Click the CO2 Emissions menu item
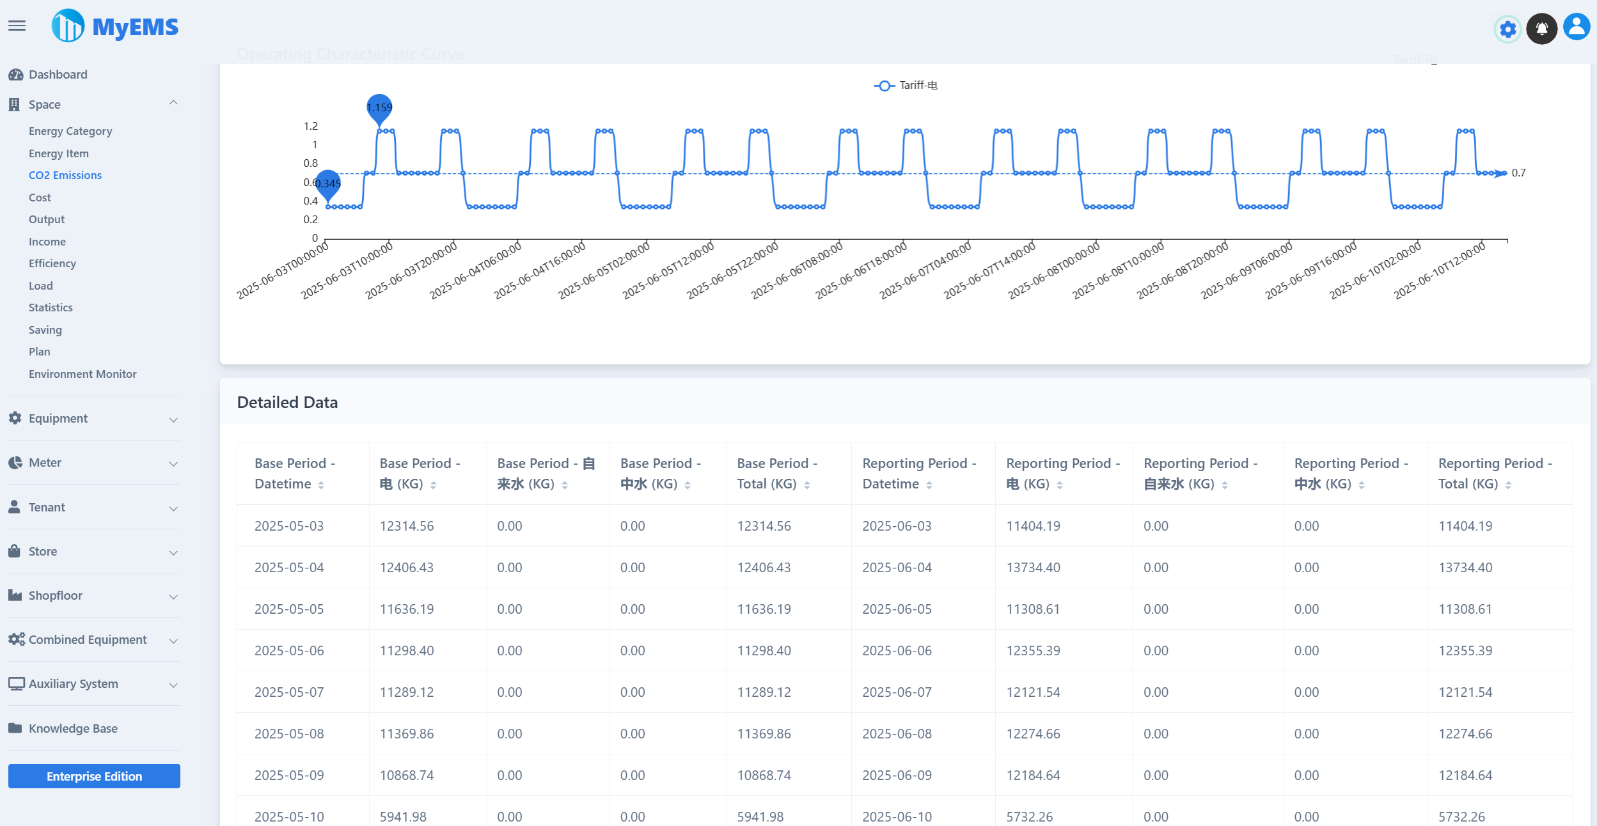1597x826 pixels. pyautogui.click(x=65, y=175)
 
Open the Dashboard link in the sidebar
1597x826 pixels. pyautogui.click(x=58, y=74)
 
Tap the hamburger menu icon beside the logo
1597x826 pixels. pyautogui.click(x=17, y=26)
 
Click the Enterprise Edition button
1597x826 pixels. pyautogui.click(x=94, y=776)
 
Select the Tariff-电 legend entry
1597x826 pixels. pyautogui.click(x=906, y=85)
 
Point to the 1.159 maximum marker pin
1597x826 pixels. pyautogui.click(x=379, y=107)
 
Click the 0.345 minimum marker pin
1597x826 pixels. pyautogui.click(x=328, y=183)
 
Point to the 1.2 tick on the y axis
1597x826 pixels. pyautogui.click(x=311, y=126)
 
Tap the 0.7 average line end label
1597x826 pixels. pyautogui.click(x=1518, y=173)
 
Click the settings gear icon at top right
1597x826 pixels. pyautogui.click(x=1507, y=29)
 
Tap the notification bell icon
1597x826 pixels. pyautogui.click(x=1541, y=29)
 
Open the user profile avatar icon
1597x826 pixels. pyautogui.click(x=1577, y=27)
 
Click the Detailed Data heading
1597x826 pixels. pyautogui.click(x=287, y=402)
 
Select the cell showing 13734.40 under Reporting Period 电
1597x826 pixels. pyautogui.click(x=1033, y=567)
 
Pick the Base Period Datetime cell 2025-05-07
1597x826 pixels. pyautogui.click(x=289, y=692)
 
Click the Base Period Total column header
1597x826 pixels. pyautogui.click(x=773, y=473)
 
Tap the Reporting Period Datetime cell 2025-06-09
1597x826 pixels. pyautogui.click(x=897, y=775)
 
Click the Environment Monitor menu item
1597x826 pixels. pyautogui.click(x=83, y=374)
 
